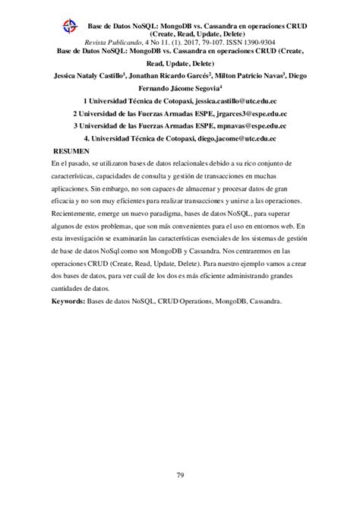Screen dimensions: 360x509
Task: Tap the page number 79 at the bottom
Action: [180, 476]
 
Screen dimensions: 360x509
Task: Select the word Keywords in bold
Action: [70, 280]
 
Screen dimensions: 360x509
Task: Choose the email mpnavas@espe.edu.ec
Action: [251, 126]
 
